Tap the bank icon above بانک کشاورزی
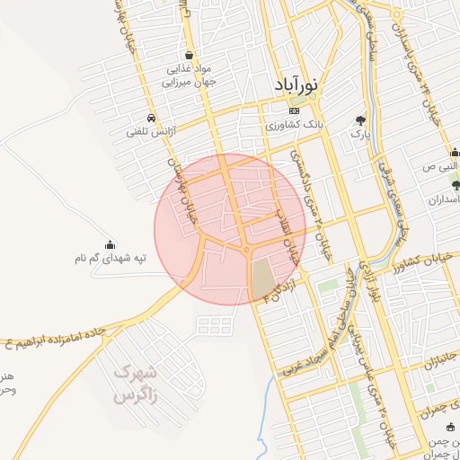295,111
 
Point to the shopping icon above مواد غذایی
188,54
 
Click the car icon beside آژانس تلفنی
152,118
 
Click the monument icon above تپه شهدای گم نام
111,243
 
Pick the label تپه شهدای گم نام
111,259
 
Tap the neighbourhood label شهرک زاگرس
137,382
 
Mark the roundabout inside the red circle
246,249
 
